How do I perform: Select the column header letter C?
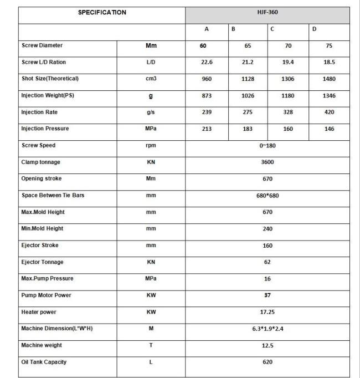pos(272,29)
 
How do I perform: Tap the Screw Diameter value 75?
pos(329,46)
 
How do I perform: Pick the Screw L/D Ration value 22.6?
pos(207,63)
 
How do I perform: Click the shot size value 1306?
pos(288,79)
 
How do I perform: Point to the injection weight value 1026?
pos(248,96)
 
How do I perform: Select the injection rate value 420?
pos(329,113)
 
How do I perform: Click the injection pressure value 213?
pos(207,129)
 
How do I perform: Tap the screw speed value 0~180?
pos(267,146)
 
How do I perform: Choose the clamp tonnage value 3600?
pos(267,162)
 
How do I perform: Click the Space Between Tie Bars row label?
pos(53,195)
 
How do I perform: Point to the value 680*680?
pos(267,196)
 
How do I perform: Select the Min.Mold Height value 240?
pos(267,229)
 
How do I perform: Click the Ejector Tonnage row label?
pos(42,262)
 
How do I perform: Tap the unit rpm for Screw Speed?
pos(151,146)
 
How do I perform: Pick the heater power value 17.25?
pos(267,312)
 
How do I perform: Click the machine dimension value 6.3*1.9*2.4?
pos(267,329)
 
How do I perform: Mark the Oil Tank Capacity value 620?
pos(267,362)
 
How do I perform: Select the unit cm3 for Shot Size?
pos(151,79)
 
